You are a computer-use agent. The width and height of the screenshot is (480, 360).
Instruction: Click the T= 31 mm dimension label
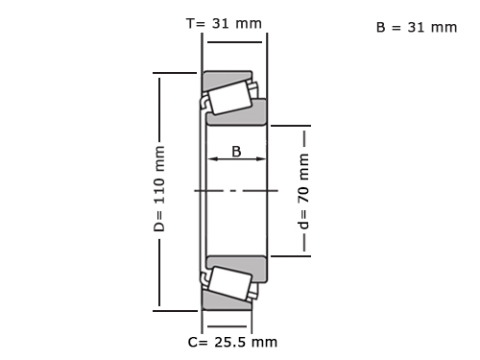[224, 23]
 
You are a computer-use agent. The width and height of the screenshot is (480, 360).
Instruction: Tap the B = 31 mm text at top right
[417, 27]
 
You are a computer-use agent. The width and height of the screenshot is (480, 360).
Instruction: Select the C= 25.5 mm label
[232, 342]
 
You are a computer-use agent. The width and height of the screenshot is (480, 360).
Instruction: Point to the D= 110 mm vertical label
[159, 189]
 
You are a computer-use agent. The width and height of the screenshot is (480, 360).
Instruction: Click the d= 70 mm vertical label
[303, 191]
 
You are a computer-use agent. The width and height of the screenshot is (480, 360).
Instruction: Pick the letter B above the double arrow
[236, 152]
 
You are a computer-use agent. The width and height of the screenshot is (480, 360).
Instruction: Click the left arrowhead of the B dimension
[213, 158]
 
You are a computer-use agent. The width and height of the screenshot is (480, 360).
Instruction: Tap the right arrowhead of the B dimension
[261, 158]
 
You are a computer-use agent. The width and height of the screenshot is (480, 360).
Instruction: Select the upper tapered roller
[229, 98]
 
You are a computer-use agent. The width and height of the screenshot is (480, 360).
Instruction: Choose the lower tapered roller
[229, 283]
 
